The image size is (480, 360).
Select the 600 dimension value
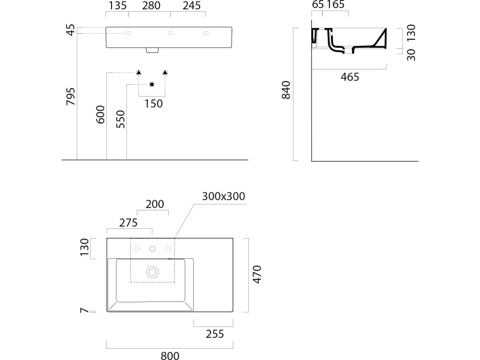100,114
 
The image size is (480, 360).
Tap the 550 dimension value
120,120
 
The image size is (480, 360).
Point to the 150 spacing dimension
153,104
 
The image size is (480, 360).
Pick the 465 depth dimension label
350,77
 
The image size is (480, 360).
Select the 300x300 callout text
224,196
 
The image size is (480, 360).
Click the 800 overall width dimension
170,355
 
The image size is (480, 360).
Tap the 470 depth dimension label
256,274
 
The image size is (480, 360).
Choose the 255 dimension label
214,334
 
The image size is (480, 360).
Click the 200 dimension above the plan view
155,204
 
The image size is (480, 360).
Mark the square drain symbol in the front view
151,84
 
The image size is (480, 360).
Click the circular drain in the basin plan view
152,271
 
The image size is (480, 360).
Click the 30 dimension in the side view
411,55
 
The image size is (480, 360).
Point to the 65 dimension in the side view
317,5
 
